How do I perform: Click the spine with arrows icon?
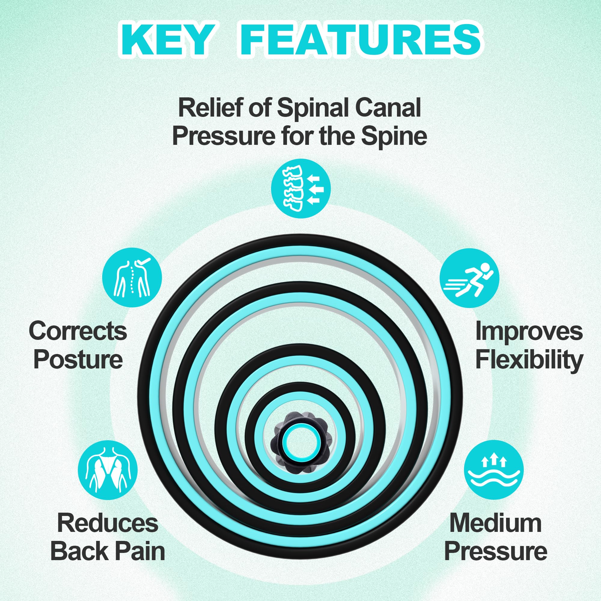[300, 188]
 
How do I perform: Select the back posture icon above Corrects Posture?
[132, 277]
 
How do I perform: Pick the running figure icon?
[469, 278]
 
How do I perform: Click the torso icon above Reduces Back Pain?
[108, 470]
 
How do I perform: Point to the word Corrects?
[78, 331]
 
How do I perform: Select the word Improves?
[529, 332]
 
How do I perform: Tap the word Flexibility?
[529, 360]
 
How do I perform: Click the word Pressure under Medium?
[496, 551]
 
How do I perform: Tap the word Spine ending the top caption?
[394, 136]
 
